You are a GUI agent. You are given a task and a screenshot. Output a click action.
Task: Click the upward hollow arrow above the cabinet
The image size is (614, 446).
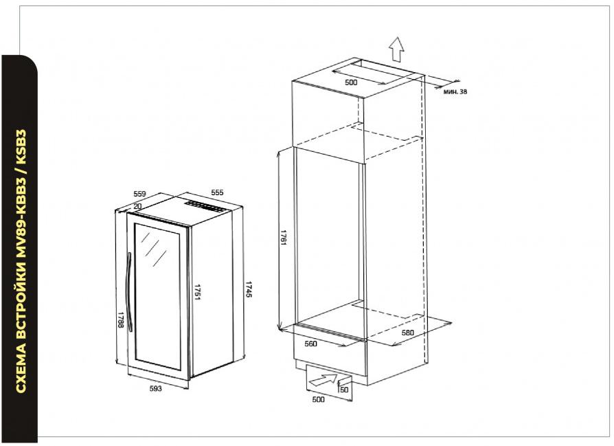(x=397, y=49)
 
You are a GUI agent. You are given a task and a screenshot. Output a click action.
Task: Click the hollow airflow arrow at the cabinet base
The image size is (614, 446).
(x=323, y=379)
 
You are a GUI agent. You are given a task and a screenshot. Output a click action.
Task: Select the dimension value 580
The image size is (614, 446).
(x=408, y=333)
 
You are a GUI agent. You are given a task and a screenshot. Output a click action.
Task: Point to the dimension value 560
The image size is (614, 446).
(x=310, y=344)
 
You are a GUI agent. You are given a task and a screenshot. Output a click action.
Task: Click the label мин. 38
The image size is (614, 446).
(x=455, y=91)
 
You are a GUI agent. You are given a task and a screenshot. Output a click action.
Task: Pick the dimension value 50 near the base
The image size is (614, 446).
(x=344, y=390)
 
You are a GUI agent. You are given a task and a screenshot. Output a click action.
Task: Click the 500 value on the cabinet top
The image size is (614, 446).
(x=351, y=82)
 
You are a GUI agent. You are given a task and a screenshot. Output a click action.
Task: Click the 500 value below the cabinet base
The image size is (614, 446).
(x=318, y=399)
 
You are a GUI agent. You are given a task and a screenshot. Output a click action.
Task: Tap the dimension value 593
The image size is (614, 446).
(x=155, y=388)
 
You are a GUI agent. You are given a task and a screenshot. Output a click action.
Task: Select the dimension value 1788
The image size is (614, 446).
(x=121, y=320)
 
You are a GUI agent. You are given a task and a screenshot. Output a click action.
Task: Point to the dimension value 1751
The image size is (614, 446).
(x=197, y=292)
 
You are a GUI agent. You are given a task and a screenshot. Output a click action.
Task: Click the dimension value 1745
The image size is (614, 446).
(x=248, y=289)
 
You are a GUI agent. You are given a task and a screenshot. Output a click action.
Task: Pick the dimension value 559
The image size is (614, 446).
(x=139, y=194)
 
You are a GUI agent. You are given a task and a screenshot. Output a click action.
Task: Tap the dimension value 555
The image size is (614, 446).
(x=217, y=192)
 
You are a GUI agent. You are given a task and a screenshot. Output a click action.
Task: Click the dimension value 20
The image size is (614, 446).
(x=137, y=207)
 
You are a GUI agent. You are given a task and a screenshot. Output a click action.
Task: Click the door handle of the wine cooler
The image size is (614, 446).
(x=128, y=292)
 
